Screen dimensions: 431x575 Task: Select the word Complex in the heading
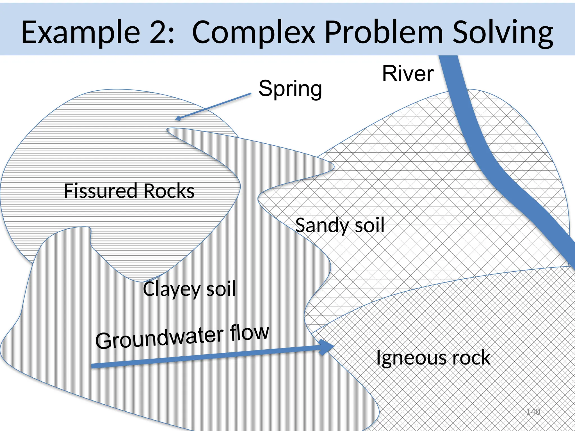click(x=254, y=32)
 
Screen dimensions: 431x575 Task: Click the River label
click(x=408, y=74)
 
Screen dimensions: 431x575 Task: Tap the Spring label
click(x=290, y=89)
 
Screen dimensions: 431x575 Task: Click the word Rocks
click(x=169, y=191)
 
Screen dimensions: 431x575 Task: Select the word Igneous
click(x=410, y=358)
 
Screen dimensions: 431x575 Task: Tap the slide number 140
click(x=533, y=412)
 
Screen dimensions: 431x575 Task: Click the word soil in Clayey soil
click(x=221, y=289)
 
